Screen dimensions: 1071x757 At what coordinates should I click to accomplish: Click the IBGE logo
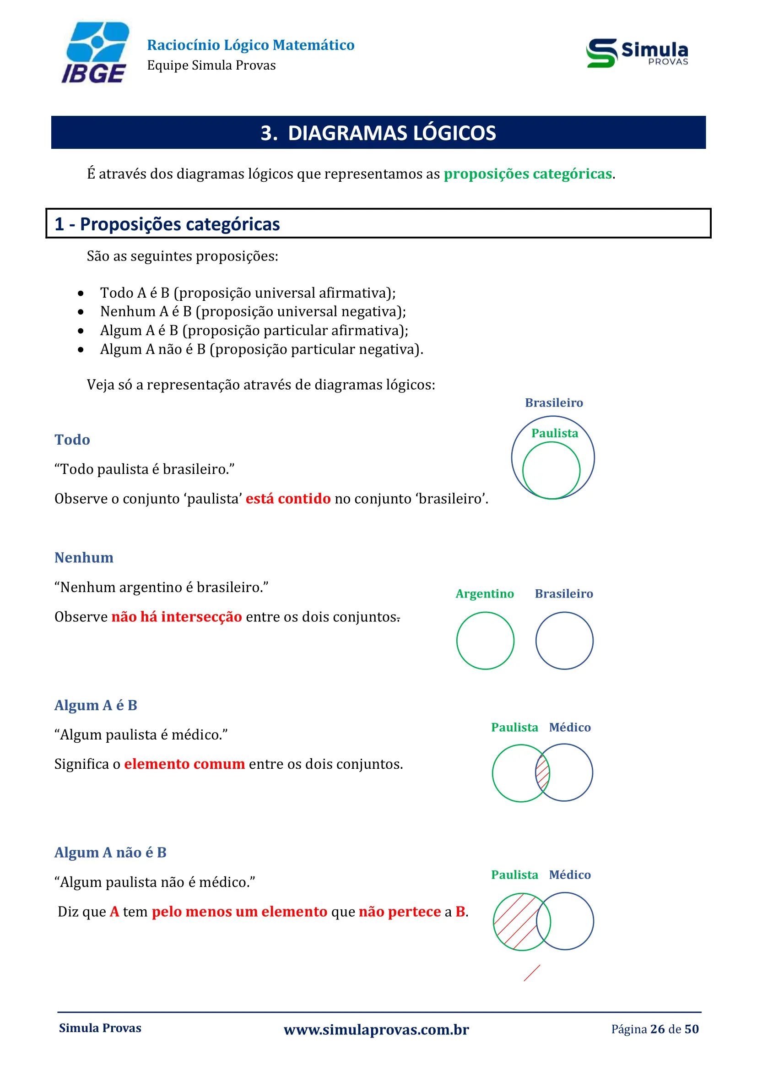click(x=96, y=53)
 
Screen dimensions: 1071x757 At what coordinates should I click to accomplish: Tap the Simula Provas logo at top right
click(x=637, y=53)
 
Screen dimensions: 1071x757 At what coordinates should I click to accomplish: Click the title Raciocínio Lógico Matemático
click(x=251, y=45)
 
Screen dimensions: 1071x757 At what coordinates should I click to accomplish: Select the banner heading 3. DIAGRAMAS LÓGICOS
click(x=378, y=133)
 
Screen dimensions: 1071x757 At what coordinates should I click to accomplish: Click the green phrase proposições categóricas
click(x=527, y=174)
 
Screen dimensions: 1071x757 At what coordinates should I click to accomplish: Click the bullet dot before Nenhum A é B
click(x=81, y=312)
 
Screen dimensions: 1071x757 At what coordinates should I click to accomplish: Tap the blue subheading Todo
click(x=72, y=440)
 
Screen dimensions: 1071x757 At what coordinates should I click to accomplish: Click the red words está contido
click(x=287, y=499)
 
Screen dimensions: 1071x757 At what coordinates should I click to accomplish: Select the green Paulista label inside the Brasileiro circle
click(x=554, y=433)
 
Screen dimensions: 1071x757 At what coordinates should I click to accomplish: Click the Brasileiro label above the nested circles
click(x=554, y=402)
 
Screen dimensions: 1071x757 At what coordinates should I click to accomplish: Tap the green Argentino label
click(x=484, y=593)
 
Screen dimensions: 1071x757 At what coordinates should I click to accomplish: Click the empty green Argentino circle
click(x=485, y=641)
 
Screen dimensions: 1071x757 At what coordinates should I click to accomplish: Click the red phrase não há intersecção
click(x=177, y=617)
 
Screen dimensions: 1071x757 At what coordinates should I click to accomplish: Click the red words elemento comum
click(x=184, y=764)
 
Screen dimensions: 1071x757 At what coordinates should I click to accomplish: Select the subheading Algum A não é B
click(x=110, y=852)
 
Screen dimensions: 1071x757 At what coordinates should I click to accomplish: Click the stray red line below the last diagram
click(x=532, y=973)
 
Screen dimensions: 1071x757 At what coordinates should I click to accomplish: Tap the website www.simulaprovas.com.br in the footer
click(x=376, y=1029)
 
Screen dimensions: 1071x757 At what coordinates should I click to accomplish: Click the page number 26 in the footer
click(x=657, y=1029)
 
